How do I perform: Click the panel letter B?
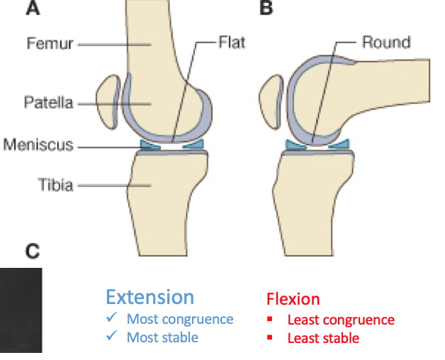[266, 9]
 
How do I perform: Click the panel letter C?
[33, 250]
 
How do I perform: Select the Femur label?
[50, 44]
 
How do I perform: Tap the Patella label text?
[49, 103]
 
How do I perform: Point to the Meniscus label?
[39, 145]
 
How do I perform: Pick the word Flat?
[231, 43]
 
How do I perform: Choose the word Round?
[386, 43]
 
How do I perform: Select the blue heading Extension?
[150, 297]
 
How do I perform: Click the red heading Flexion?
[293, 299]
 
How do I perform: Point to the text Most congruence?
[179, 319]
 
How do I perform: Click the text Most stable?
[162, 337]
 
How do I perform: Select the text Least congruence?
[340, 320]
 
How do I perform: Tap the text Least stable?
[323, 338]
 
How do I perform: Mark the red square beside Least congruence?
[269, 320]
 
